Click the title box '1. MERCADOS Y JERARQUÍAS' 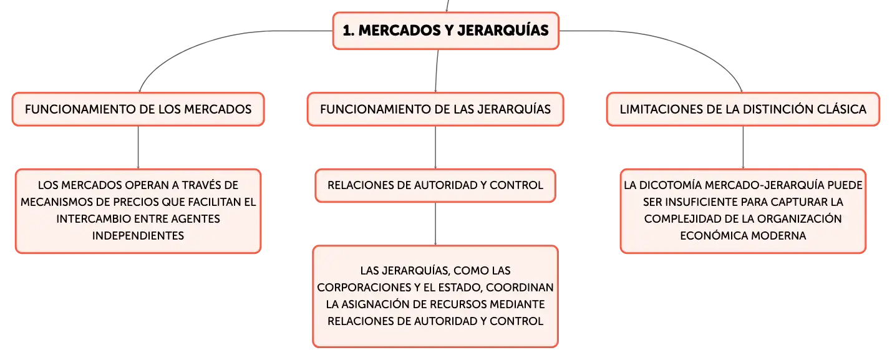pyautogui.click(x=445, y=31)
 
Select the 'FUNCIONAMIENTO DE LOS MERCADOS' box pyautogui.click(x=138, y=109)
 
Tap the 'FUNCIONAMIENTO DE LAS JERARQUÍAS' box pyautogui.click(x=435, y=109)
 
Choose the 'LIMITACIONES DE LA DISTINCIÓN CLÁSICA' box pyautogui.click(x=743, y=109)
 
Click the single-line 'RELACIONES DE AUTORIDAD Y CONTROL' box pyautogui.click(x=435, y=185)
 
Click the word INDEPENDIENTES pyautogui.click(x=138, y=236)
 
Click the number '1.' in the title pyautogui.click(x=348, y=31)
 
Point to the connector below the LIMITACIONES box pyautogui.click(x=743, y=147)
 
